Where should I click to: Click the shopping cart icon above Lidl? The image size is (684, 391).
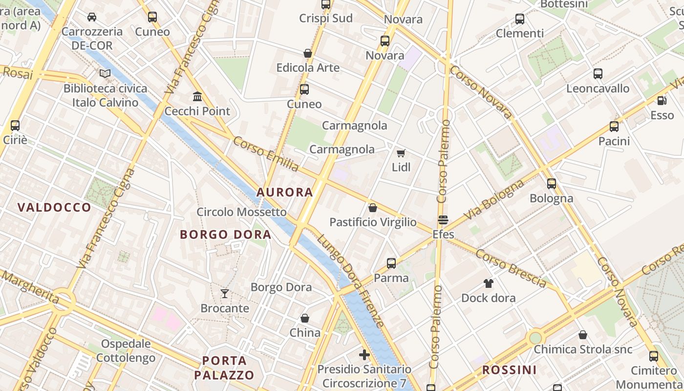(x=401, y=153)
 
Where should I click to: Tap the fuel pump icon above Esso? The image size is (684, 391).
(x=662, y=101)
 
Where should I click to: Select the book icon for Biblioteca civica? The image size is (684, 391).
(x=105, y=74)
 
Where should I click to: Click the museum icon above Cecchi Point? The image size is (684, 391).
(x=197, y=96)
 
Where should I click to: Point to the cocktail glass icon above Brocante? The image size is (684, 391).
(x=225, y=293)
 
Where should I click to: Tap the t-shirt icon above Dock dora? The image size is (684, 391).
(x=488, y=283)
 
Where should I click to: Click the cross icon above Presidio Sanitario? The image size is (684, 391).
(x=364, y=355)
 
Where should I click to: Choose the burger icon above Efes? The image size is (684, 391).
(x=443, y=220)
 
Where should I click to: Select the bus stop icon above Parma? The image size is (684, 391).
(x=391, y=263)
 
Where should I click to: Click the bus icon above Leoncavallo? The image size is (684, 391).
(x=598, y=74)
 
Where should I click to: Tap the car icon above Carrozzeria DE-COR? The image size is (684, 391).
(x=92, y=17)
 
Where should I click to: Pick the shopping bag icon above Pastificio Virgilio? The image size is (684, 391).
(x=373, y=208)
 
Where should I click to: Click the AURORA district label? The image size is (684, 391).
(x=285, y=192)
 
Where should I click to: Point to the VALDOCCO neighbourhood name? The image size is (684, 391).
(x=54, y=207)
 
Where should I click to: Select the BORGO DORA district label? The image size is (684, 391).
(x=225, y=235)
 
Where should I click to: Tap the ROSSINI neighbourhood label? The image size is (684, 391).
(x=509, y=370)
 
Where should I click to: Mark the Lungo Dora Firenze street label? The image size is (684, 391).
(x=350, y=281)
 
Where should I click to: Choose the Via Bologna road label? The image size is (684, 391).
(x=494, y=199)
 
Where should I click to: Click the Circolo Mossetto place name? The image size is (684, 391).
(x=241, y=212)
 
